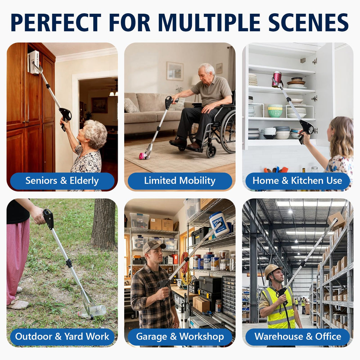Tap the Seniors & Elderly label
point(62,181)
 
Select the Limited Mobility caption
point(180,181)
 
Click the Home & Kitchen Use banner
point(297,181)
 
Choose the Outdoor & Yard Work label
point(62,337)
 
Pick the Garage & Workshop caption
point(180,337)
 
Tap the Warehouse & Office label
point(297,337)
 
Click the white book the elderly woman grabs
point(33,62)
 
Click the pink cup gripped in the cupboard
point(277,79)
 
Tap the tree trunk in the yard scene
point(104,224)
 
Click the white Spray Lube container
point(219,224)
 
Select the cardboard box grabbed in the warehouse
point(336,221)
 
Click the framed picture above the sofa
point(175,71)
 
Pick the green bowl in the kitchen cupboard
point(275,112)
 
